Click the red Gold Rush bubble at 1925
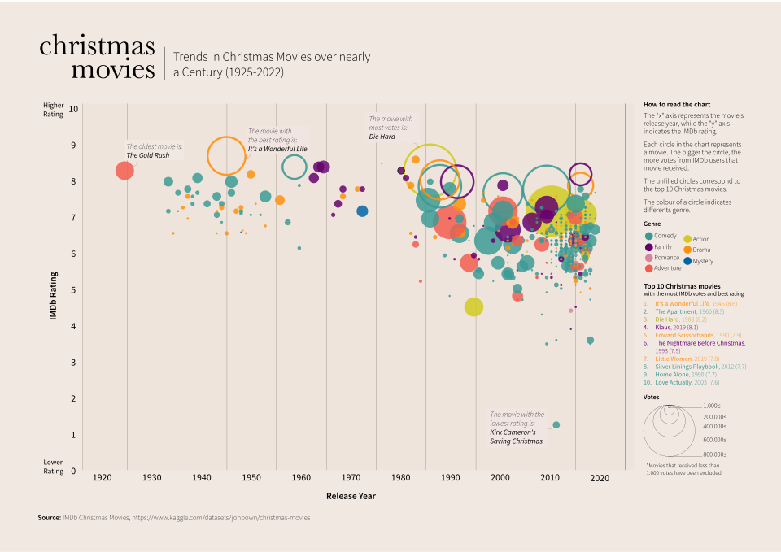pyautogui.click(x=124, y=171)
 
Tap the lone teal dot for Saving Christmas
pyautogui.click(x=556, y=424)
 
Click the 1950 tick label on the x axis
pyautogui.click(x=251, y=478)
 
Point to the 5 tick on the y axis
pyautogui.click(x=73, y=290)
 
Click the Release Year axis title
pyautogui.click(x=351, y=496)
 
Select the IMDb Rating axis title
pyautogui.click(x=54, y=295)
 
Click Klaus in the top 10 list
pyautogui.click(x=666, y=327)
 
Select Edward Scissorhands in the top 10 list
pyautogui.click(x=687, y=335)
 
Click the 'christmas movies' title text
pyautogui.click(x=97, y=57)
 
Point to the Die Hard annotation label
pyautogui.click(x=382, y=137)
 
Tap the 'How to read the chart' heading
pyautogui.click(x=677, y=105)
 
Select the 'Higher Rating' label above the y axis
pyautogui.click(x=54, y=110)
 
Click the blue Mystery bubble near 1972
pyautogui.click(x=362, y=211)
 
